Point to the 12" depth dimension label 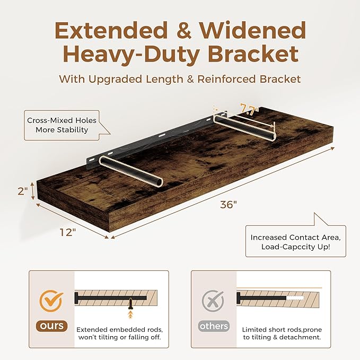pos(68,232)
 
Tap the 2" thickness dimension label pos(22,191)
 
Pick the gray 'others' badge pos(214,326)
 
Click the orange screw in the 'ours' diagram pos(130,304)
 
